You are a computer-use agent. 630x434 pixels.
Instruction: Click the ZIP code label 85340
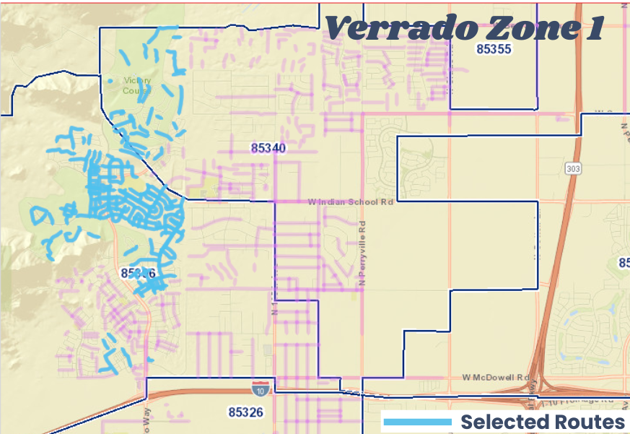point(268,148)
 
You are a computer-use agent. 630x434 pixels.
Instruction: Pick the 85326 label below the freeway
point(246,412)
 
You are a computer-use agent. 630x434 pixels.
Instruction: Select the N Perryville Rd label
point(364,252)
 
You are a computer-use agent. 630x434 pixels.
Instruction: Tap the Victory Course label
point(136,86)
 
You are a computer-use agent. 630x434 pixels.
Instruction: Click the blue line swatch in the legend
point(417,422)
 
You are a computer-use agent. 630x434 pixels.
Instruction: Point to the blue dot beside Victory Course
point(110,81)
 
